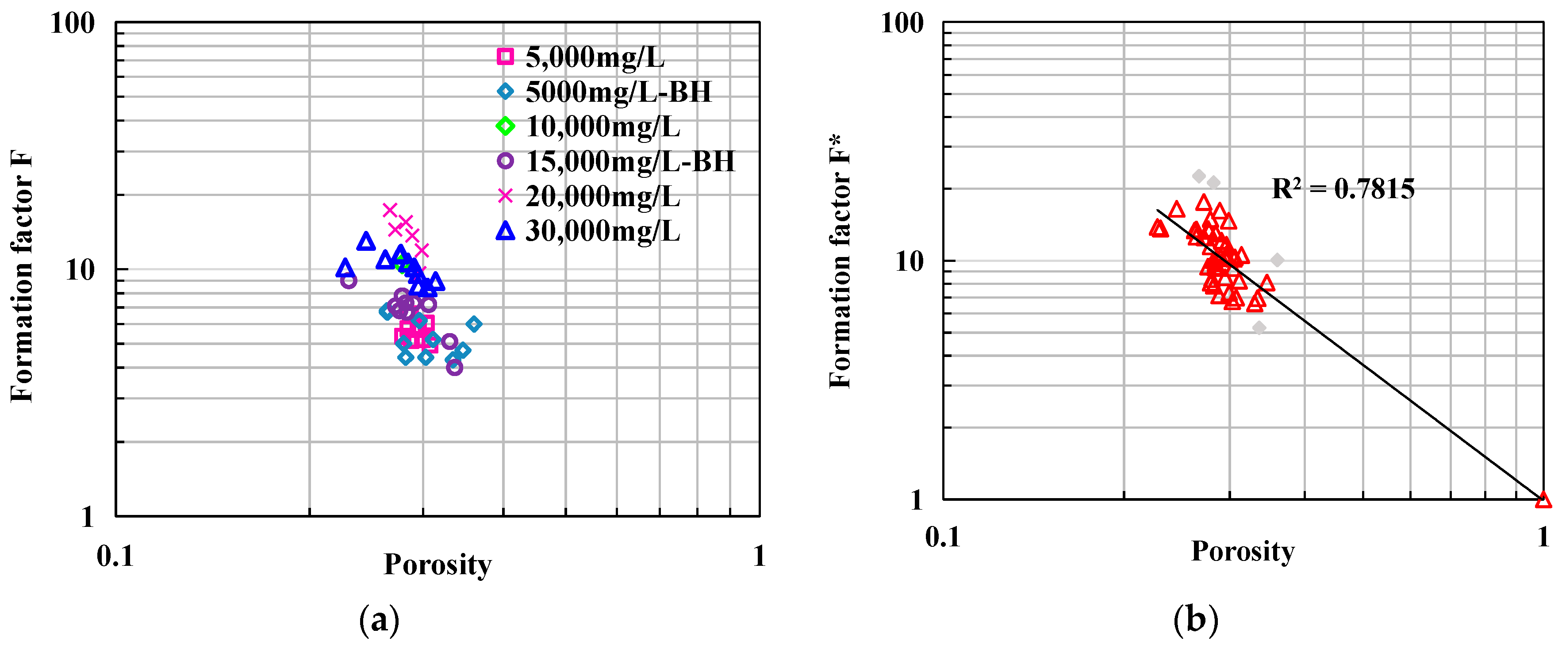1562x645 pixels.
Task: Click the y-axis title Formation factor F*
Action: (x=840, y=261)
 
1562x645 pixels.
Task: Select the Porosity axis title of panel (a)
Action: (x=438, y=564)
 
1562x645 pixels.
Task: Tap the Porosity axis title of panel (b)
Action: (x=1243, y=551)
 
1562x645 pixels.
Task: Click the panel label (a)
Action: (x=380, y=619)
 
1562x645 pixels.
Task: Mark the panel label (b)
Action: (x=1196, y=619)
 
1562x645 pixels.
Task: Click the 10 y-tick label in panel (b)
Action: (x=908, y=261)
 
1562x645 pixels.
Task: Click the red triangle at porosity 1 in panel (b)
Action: (x=1543, y=500)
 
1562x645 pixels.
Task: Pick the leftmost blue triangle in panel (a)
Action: (x=345, y=268)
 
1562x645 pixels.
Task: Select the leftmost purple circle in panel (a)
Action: (x=349, y=280)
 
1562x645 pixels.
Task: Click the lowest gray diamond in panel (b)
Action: (x=1259, y=328)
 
